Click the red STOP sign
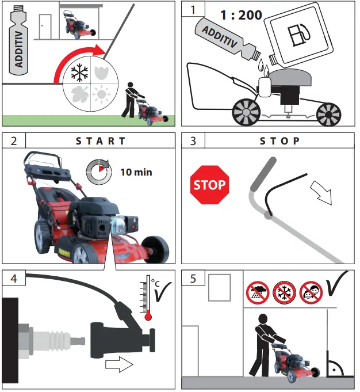[210, 185]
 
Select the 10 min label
[136, 172]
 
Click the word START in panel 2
[101, 140]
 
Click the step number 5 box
[193, 278]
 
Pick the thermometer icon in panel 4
[148, 296]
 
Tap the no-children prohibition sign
[310, 292]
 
